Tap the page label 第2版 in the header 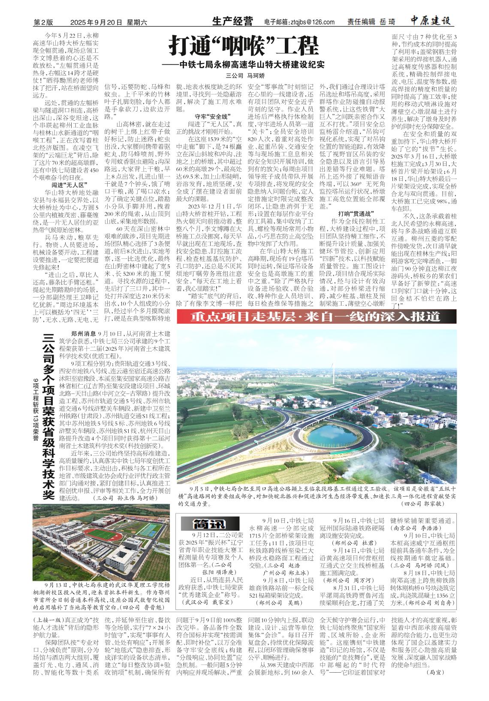pyautogui.click(x=43, y=22)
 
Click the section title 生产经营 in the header pyautogui.click(x=232, y=21)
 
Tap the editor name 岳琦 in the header pyautogui.click(x=387, y=22)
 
